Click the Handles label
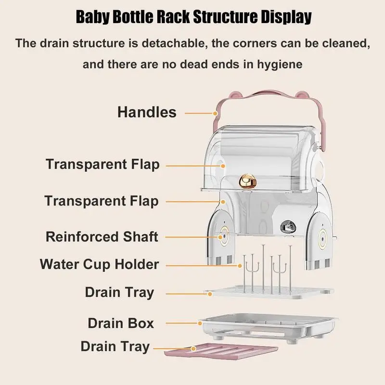pos(147,113)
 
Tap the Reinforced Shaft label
pos(102,237)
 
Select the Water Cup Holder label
pos(99,264)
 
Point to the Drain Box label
pos(121,323)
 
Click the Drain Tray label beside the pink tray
pos(115,346)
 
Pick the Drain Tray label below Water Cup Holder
pos(119,292)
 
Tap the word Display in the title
pos(287,18)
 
